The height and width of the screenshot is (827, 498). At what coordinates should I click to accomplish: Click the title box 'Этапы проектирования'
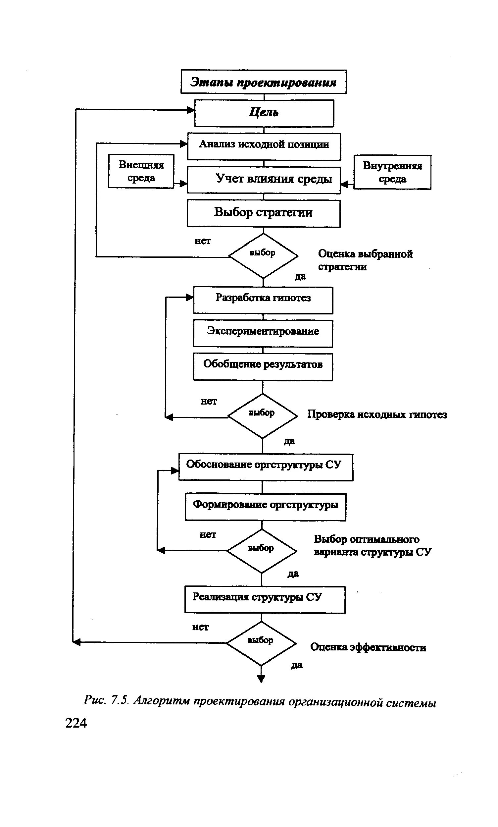[263, 82]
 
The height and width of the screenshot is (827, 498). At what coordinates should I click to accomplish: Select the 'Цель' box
[264, 113]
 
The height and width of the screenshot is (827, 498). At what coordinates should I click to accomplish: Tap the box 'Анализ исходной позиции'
[264, 146]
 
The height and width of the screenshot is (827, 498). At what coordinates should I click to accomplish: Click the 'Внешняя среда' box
[141, 171]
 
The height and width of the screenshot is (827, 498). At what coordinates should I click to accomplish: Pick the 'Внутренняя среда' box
[392, 172]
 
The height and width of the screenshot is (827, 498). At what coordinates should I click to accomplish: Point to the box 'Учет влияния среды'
[264, 180]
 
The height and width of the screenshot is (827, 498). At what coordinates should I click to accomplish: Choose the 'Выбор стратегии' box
[263, 213]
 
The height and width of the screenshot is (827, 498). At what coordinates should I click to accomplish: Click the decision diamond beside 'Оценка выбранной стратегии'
[263, 255]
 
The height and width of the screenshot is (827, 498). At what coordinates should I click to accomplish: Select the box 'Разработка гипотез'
[263, 300]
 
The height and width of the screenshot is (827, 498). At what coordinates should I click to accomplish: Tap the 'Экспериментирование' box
[263, 333]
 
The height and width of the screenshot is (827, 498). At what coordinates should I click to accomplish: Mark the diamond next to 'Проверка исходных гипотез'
[263, 415]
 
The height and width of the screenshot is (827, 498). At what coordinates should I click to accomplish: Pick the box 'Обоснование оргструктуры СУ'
[265, 467]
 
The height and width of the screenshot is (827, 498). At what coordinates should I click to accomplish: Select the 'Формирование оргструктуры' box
[265, 507]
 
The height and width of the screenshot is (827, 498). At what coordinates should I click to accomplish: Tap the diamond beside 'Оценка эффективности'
[261, 643]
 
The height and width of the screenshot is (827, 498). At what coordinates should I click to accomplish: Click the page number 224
[76, 723]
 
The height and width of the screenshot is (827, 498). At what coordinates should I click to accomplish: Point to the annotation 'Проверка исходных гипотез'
[377, 415]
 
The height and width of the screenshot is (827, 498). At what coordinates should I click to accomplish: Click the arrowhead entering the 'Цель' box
[191, 110]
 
